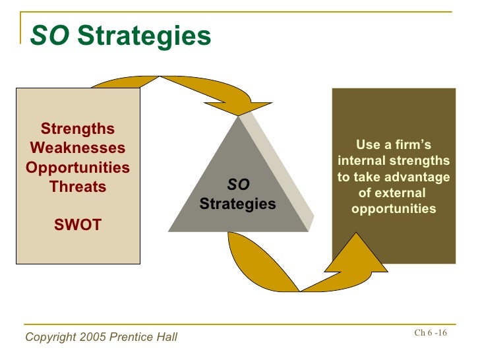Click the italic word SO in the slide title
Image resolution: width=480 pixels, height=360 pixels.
(x=50, y=36)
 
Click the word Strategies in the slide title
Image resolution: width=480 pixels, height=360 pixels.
(x=144, y=36)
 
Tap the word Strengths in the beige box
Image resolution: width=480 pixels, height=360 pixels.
(x=78, y=129)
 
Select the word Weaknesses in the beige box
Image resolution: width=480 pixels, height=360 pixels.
(x=78, y=148)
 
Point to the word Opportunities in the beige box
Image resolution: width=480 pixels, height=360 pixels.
(x=78, y=167)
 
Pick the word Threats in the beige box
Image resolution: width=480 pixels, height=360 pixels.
(x=78, y=187)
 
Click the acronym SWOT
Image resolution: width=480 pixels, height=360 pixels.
(x=78, y=225)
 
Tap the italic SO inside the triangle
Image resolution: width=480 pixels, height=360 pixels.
(x=238, y=186)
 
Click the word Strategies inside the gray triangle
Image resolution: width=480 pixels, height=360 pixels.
(x=238, y=204)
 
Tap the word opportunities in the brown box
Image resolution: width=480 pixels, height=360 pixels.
(x=394, y=209)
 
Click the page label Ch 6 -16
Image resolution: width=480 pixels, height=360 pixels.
(x=431, y=333)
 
